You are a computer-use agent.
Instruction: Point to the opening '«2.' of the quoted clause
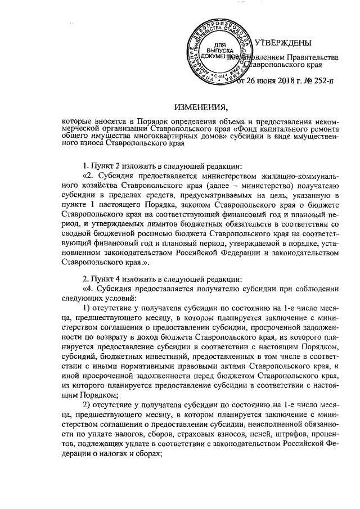(x=88, y=178)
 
